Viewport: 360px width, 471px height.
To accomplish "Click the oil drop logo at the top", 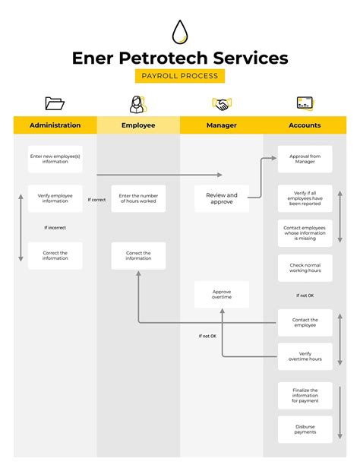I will tap(180, 32).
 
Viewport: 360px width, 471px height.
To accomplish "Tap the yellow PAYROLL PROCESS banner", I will tap(180, 76).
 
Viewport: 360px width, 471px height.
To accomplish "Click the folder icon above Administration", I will tap(55, 103).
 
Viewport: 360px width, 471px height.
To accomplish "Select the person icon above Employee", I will tap(137, 103).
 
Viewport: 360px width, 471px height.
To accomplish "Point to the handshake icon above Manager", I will tap(221, 104).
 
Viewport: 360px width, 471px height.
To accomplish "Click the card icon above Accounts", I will tap(305, 103).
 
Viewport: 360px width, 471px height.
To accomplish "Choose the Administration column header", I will tap(55, 125).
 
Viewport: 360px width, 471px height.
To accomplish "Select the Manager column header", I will tap(222, 125).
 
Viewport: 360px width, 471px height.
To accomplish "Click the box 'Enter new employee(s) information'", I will tap(55, 159).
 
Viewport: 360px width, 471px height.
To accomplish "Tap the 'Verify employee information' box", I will tap(55, 198).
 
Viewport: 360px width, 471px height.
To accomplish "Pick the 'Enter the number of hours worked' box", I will tap(138, 198).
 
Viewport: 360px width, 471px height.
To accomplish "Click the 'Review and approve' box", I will tap(222, 198).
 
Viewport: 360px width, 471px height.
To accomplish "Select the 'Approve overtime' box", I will tap(222, 294).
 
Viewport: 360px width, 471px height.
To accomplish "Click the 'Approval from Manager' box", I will tap(305, 159).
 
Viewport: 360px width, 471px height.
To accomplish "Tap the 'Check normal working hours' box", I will tap(305, 267).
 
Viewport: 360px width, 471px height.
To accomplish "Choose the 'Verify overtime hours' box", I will tap(305, 356).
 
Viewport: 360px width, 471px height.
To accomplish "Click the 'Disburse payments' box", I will tap(305, 429).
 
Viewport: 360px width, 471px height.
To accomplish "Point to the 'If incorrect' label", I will tap(55, 228).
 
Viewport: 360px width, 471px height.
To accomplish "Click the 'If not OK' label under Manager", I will tap(207, 336).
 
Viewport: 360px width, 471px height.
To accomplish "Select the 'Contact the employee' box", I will tap(305, 322).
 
